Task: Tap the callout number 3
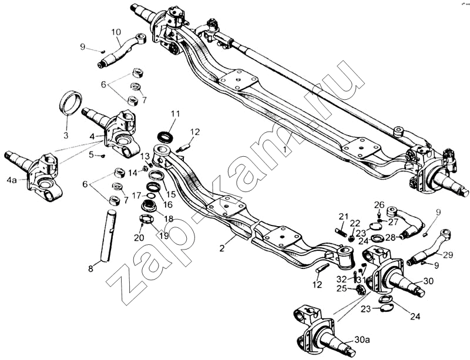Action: click(x=66, y=135)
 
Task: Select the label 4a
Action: click(x=12, y=180)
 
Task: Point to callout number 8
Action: click(x=90, y=269)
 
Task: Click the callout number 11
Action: click(x=175, y=113)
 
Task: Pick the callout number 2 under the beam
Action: click(x=222, y=248)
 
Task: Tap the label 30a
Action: click(x=362, y=340)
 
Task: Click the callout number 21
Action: click(x=344, y=216)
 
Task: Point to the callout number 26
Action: click(x=379, y=204)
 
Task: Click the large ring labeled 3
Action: click(x=72, y=104)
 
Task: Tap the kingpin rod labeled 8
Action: click(x=109, y=235)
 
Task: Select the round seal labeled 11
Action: click(x=167, y=137)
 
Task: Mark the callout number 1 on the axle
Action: click(x=285, y=150)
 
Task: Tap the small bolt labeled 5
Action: click(x=102, y=156)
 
